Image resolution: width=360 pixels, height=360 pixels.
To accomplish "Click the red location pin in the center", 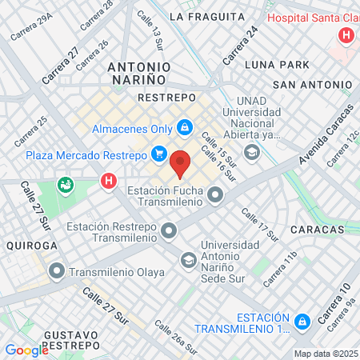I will coord(181,162).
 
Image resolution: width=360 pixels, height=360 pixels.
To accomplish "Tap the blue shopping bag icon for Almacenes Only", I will coord(185,127).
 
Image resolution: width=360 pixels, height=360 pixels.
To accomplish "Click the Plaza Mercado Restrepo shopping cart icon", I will coord(158,154).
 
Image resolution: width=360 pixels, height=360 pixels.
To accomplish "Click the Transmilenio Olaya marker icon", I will coord(56,270).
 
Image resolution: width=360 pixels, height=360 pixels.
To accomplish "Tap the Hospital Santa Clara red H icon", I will coord(346,35).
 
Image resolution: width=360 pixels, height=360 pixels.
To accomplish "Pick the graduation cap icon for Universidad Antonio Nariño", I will coord(188,260).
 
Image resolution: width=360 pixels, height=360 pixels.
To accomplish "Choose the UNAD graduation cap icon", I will coord(252,152).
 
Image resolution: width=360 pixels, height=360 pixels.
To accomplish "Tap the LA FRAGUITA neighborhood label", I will coord(207,16).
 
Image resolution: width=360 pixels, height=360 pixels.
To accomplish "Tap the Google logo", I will coord(26,350).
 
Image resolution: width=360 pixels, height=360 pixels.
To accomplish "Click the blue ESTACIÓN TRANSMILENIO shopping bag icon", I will coord(302,322).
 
